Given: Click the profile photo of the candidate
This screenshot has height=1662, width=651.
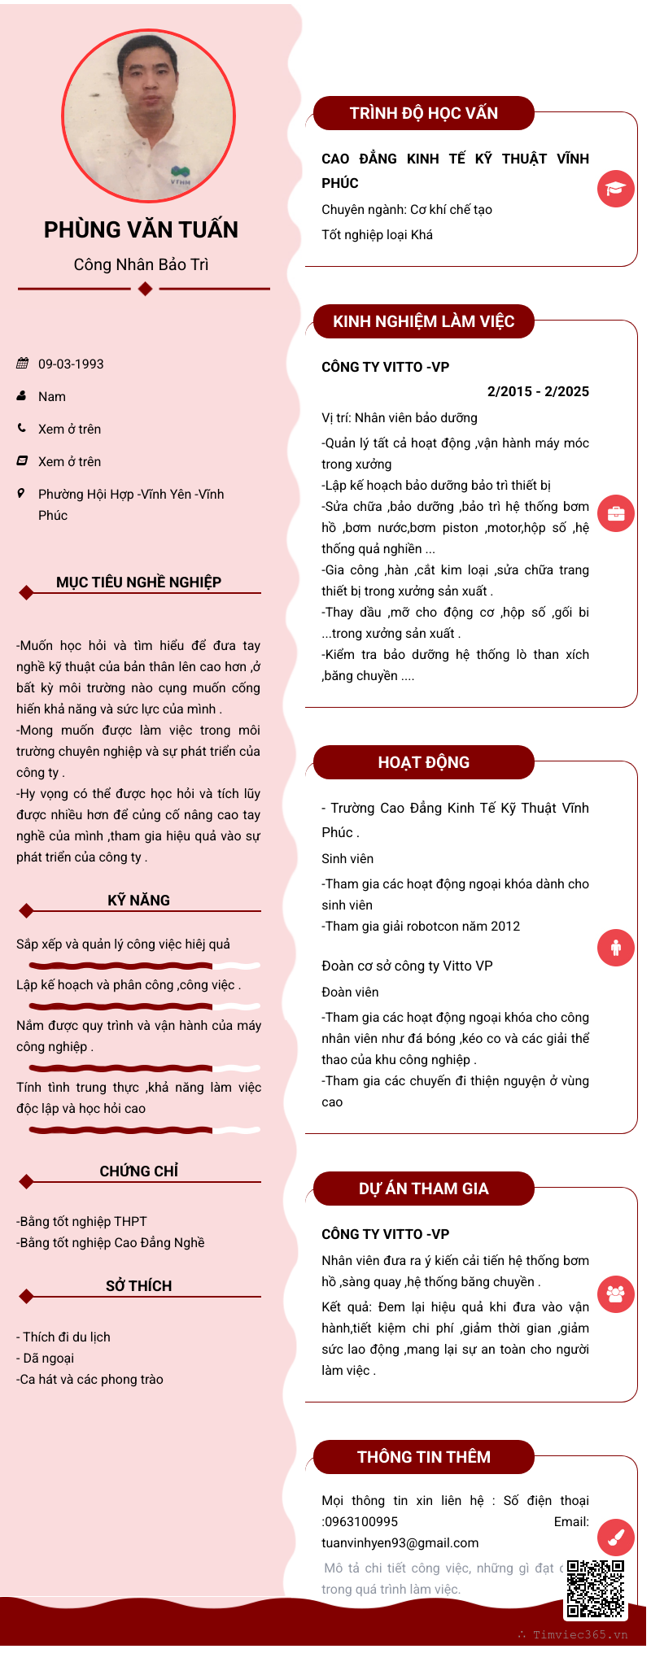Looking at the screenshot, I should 149,116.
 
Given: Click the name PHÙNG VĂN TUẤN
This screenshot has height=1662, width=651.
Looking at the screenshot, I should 141,230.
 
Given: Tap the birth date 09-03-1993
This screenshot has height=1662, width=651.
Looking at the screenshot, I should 71,364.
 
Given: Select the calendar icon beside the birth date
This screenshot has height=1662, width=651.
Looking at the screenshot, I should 22,364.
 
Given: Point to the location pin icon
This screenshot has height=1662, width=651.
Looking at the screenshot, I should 21,493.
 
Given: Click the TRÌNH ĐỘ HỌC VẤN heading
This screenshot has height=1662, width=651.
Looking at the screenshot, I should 423,113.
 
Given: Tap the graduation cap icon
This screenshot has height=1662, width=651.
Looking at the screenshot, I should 616,189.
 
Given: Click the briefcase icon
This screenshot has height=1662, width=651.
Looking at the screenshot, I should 616,513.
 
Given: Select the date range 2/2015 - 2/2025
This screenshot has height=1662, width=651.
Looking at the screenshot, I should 538,391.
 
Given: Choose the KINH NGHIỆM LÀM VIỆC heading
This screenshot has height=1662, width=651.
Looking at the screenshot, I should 423,321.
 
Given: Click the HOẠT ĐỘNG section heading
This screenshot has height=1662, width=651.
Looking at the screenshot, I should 423,762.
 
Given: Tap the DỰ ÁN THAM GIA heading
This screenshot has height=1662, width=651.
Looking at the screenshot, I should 423,1189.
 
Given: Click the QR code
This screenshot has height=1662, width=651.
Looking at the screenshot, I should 596,1588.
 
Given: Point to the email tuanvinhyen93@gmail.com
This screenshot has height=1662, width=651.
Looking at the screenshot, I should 400,1542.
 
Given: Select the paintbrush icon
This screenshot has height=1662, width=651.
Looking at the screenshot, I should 616,1537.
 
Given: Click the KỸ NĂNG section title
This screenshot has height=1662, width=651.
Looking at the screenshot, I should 138,901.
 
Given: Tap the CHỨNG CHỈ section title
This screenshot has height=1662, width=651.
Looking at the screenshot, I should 138,1171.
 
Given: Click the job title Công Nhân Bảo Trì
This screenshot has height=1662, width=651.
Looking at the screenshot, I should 141,264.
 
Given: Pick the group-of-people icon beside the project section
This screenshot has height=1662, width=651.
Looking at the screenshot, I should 616,1293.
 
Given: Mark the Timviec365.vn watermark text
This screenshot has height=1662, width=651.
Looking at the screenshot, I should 579,1634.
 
